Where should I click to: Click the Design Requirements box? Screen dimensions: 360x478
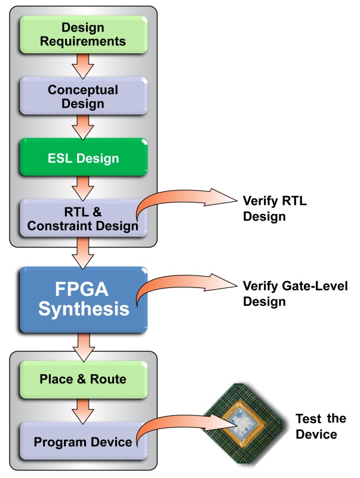(x=84, y=35)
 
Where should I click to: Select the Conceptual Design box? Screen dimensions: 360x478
(x=84, y=96)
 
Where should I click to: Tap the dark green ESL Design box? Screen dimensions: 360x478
(x=84, y=157)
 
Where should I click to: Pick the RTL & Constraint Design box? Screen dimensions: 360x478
(x=84, y=218)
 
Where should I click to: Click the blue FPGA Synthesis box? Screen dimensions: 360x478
(x=84, y=300)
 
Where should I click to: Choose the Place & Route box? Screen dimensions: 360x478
(x=84, y=379)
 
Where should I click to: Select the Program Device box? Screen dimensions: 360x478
(x=84, y=441)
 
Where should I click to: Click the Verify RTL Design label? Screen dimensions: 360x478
(x=275, y=209)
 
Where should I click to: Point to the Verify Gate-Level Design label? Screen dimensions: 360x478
(x=295, y=294)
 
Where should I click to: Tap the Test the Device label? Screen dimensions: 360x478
(x=321, y=427)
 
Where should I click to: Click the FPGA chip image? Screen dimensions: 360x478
(x=245, y=424)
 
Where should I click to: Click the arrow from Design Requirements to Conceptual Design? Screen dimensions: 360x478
(x=83, y=66)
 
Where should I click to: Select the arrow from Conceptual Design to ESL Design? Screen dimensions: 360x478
(x=83, y=127)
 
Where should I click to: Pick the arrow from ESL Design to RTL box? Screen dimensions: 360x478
(x=83, y=188)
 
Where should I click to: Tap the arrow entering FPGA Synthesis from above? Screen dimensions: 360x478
(x=83, y=253)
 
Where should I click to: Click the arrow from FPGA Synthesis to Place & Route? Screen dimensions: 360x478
(x=83, y=348)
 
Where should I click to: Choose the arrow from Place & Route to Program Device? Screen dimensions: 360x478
(x=83, y=411)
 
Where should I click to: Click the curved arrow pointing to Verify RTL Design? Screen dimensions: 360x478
(x=171, y=195)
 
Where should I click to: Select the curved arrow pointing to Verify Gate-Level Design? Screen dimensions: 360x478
(x=171, y=280)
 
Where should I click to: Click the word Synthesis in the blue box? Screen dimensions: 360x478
(x=84, y=310)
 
